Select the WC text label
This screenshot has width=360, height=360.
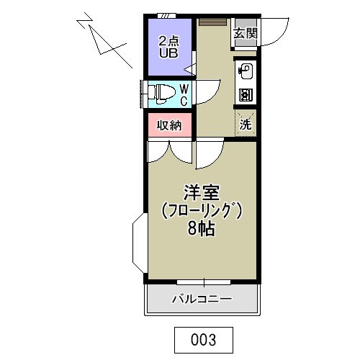(184, 94)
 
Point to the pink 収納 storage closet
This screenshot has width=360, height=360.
(169, 125)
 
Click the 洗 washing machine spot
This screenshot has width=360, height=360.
(245, 122)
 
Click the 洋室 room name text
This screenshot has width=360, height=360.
(201, 192)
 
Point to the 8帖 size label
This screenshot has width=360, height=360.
(201, 230)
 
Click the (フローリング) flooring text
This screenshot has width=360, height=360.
(201, 212)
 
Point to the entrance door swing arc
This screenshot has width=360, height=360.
(272, 32)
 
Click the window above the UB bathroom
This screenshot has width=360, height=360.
(166, 14)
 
